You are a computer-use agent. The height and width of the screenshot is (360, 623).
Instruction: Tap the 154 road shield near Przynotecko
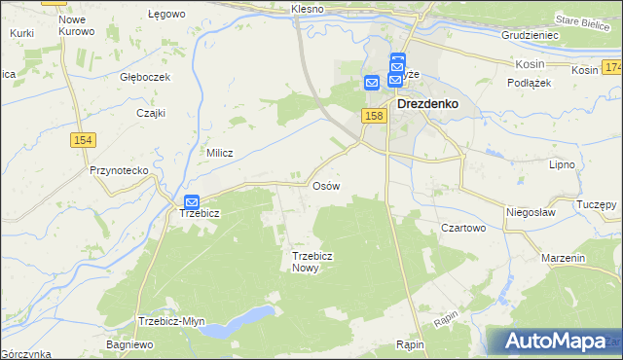(x=82, y=141)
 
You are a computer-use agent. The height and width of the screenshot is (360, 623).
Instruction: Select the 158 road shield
(x=375, y=116)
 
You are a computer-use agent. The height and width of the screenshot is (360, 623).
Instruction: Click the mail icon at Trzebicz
(x=192, y=201)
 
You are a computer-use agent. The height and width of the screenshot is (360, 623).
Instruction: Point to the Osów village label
(x=325, y=185)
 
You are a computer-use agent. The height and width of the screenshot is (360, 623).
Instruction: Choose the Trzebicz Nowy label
(x=306, y=262)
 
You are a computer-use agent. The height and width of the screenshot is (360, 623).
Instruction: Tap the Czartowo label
(x=463, y=227)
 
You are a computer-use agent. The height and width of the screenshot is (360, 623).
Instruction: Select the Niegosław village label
(x=531, y=211)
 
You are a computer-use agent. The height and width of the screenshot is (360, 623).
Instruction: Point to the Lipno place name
(x=564, y=165)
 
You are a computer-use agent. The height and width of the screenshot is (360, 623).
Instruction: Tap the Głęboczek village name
(x=145, y=77)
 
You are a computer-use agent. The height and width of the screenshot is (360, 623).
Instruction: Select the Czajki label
(x=151, y=112)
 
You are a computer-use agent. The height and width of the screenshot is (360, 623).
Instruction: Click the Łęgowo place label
(x=166, y=15)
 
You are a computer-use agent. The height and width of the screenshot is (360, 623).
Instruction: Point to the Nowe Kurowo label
(x=77, y=25)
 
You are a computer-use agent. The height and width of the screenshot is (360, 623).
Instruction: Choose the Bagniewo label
(x=130, y=345)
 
